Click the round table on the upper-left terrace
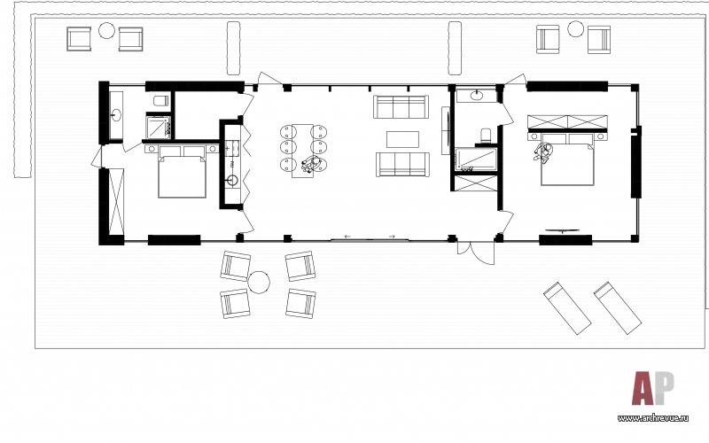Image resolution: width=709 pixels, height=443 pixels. click(106, 30)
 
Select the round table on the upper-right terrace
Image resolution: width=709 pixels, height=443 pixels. click(575, 29)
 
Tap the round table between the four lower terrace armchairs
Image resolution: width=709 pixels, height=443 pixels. click(259, 282)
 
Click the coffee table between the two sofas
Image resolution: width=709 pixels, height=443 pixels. click(402, 139)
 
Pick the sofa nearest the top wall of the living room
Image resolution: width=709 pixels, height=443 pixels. click(401, 106)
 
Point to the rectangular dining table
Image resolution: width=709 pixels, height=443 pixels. click(302, 151)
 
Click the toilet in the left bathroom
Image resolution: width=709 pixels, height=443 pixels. click(161, 100)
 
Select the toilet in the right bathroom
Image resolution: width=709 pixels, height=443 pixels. click(485, 136)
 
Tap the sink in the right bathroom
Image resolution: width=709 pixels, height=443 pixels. click(477, 96)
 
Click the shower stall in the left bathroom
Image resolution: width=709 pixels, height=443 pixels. click(158, 127)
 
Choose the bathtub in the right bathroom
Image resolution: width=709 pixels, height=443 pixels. click(476, 160)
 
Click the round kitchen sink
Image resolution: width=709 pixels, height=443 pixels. click(232, 181)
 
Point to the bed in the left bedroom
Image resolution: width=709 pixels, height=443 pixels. click(183, 172)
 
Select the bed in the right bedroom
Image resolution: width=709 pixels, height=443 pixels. click(567, 159)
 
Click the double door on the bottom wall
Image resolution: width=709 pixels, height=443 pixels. click(476, 253)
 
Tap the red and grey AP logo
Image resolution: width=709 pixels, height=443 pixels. click(652, 388)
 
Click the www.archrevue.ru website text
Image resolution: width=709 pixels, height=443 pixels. click(653, 418)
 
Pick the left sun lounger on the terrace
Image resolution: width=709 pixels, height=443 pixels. click(567, 307)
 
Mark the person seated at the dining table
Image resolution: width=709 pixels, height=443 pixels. click(312, 164)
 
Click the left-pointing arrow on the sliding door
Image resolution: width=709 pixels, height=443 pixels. click(347, 237)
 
